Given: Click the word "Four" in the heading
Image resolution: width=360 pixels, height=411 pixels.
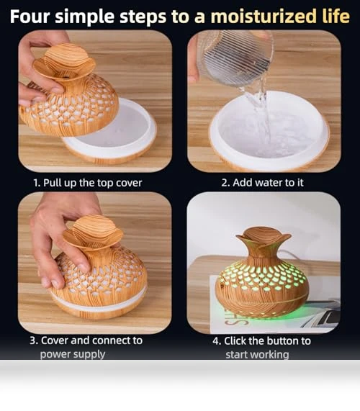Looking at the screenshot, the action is click(x=30, y=17).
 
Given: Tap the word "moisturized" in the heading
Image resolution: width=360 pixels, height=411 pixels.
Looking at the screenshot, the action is click(x=264, y=17).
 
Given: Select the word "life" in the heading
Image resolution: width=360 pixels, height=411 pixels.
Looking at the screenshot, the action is click(x=336, y=16).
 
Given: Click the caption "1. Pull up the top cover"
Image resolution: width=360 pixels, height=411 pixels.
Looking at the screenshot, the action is click(x=88, y=183).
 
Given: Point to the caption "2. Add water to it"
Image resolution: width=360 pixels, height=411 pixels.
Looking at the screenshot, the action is click(x=262, y=182).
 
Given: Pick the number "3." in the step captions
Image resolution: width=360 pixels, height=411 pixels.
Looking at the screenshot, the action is click(x=34, y=340).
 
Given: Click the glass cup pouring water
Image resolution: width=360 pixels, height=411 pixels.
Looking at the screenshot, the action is click(x=234, y=59).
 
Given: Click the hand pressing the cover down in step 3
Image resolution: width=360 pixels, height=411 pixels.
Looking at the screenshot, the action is click(x=63, y=241).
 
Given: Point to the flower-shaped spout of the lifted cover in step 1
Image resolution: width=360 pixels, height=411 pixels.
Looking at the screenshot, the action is click(x=64, y=63).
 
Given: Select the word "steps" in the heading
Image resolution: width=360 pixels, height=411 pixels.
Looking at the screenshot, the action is click(x=143, y=17).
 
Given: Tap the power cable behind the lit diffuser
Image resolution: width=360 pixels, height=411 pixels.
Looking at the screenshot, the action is click(x=289, y=253).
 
